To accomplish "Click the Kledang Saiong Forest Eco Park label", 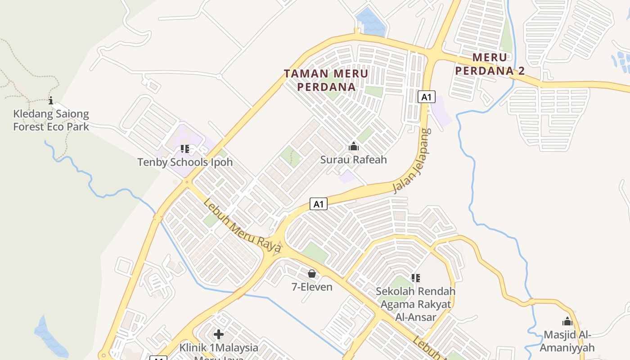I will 51,120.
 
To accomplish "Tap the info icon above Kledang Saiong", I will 51,100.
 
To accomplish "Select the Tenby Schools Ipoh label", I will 185,162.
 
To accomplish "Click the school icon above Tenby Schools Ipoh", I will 185,148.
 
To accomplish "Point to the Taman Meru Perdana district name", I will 326,80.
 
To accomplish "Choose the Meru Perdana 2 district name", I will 490,64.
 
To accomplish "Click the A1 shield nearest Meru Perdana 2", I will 426,97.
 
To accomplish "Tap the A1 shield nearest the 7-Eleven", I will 319,204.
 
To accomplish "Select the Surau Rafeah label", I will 353,159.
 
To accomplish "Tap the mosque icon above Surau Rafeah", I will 354,146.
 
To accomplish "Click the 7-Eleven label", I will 312,287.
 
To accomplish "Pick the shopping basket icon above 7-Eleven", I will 311,274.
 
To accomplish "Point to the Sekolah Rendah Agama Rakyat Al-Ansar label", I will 416,304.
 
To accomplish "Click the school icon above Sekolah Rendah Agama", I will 416,278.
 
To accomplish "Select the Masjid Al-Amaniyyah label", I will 567,341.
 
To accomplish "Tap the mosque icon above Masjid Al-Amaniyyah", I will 567,321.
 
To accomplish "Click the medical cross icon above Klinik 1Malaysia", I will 219,334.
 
